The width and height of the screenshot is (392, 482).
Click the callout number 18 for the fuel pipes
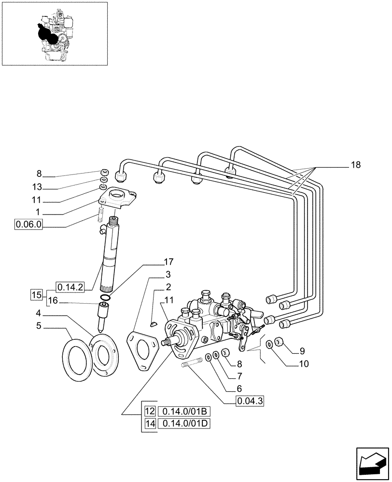pyautogui.click(x=356, y=165)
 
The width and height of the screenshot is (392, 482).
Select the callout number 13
pyautogui.click(x=39, y=187)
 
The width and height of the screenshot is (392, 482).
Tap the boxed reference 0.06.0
pyautogui.click(x=29, y=224)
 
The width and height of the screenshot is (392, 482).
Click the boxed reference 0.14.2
pyautogui.click(x=70, y=287)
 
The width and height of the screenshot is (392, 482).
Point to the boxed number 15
pyautogui.click(x=36, y=295)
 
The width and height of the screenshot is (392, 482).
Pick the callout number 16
pyautogui.click(x=53, y=301)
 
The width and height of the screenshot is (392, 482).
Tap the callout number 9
pyautogui.click(x=302, y=350)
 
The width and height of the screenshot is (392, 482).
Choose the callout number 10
pyautogui.click(x=304, y=364)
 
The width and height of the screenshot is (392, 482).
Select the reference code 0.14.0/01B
pyautogui.click(x=184, y=412)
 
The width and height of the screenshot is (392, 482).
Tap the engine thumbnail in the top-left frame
pyautogui.click(x=54, y=33)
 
